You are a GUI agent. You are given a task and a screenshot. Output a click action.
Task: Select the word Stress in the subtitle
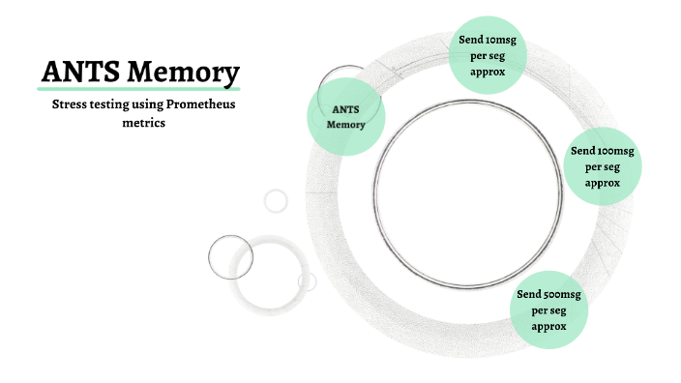[69, 104]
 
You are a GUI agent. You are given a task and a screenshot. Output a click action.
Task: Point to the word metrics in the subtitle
[143, 123]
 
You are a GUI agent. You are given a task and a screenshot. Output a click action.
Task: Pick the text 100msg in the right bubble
[615, 151]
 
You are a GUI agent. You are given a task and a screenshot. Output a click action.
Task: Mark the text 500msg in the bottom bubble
[562, 294]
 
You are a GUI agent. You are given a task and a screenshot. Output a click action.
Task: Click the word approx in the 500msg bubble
[548, 326]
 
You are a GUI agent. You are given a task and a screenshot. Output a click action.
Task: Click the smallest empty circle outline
[277, 200]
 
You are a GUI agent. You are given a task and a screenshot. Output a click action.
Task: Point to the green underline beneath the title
[139, 90]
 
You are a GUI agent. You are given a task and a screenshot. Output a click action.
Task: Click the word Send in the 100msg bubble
[583, 151]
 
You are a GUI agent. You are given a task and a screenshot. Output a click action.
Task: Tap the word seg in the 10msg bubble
[495, 56]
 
